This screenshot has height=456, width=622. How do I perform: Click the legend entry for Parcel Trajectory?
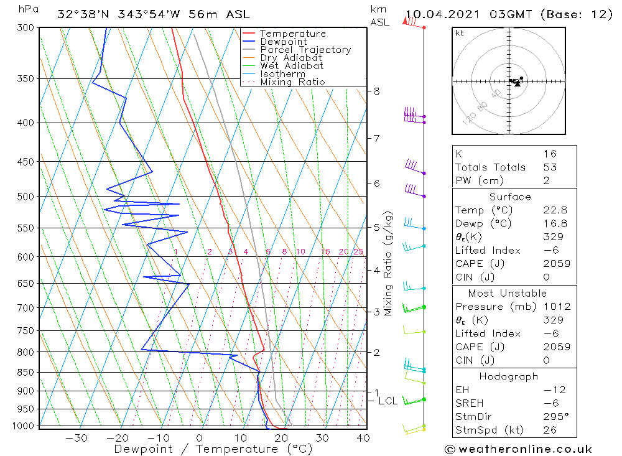tap(305, 50)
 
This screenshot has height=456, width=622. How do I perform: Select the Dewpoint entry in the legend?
tap(283, 42)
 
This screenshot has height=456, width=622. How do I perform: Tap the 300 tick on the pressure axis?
tap(26, 28)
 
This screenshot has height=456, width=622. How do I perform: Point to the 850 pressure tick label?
tap(26, 373)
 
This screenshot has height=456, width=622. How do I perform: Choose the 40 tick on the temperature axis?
tap(363, 438)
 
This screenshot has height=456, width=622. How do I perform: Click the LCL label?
tap(388, 401)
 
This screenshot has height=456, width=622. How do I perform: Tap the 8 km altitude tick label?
tap(376, 91)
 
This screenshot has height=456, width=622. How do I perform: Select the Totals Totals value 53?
tap(550, 167)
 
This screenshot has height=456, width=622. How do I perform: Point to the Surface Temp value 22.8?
tap(555, 210)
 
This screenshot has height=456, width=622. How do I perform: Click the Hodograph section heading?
tap(508, 376)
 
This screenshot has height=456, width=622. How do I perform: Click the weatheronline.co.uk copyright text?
tap(518, 449)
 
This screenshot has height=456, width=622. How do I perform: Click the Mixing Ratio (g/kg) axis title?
tap(389, 263)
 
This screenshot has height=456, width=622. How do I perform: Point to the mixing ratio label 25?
tap(358, 252)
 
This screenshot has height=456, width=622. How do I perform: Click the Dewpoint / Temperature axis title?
tap(213, 449)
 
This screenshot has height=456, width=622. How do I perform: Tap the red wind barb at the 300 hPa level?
tap(411, 22)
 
